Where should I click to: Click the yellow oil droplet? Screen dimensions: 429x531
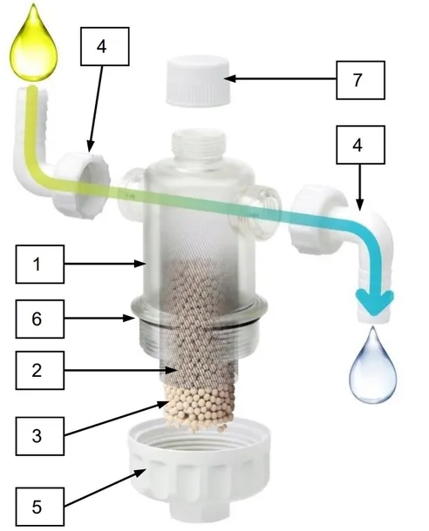(33, 47)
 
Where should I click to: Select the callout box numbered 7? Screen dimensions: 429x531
(360, 80)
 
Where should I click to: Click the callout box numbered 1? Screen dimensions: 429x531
(40, 264)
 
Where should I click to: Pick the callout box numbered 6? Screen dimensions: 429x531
(40, 319)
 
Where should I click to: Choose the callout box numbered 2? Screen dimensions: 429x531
(40, 371)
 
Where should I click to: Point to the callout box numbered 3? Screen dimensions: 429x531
(40, 436)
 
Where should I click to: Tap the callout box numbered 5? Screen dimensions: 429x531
(40, 507)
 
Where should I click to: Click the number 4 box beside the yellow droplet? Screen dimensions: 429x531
(105, 46)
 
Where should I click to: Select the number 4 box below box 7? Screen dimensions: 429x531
(360, 145)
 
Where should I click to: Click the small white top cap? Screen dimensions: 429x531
(199, 81)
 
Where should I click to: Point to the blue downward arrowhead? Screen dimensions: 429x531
(374, 301)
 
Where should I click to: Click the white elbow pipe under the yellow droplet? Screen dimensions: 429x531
(34, 142)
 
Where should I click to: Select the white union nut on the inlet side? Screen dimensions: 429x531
(81, 185)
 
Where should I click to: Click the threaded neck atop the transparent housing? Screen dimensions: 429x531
(199, 145)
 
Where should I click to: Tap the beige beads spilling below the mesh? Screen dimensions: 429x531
(200, 409)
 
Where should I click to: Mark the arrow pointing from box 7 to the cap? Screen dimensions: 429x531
(280, 79)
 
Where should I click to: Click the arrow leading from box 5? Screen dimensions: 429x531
(106, 487)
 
